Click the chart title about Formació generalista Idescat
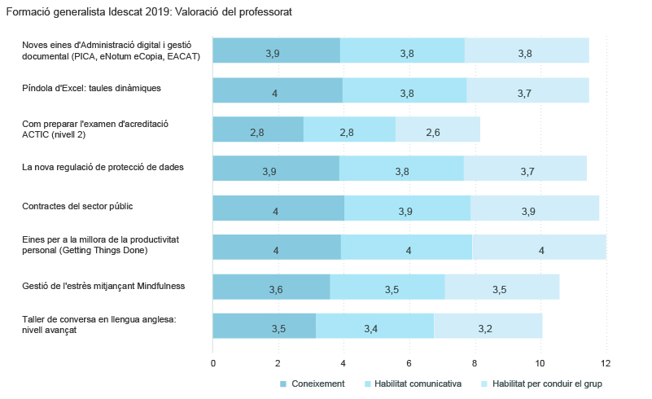coord(148,12)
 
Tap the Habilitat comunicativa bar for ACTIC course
coord(348,129)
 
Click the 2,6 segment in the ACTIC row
coord(437,129)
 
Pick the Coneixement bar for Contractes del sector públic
coord(278,208)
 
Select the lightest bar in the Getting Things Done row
coord(539,247)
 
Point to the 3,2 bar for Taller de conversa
coord(488,326)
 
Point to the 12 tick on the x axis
coord(606,362)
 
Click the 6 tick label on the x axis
coord(409,362)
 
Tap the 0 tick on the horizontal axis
coord(213,362)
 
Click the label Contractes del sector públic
coord(77,206)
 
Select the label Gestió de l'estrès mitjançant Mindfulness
coord(103,285)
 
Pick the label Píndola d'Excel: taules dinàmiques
coord(91,88)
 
